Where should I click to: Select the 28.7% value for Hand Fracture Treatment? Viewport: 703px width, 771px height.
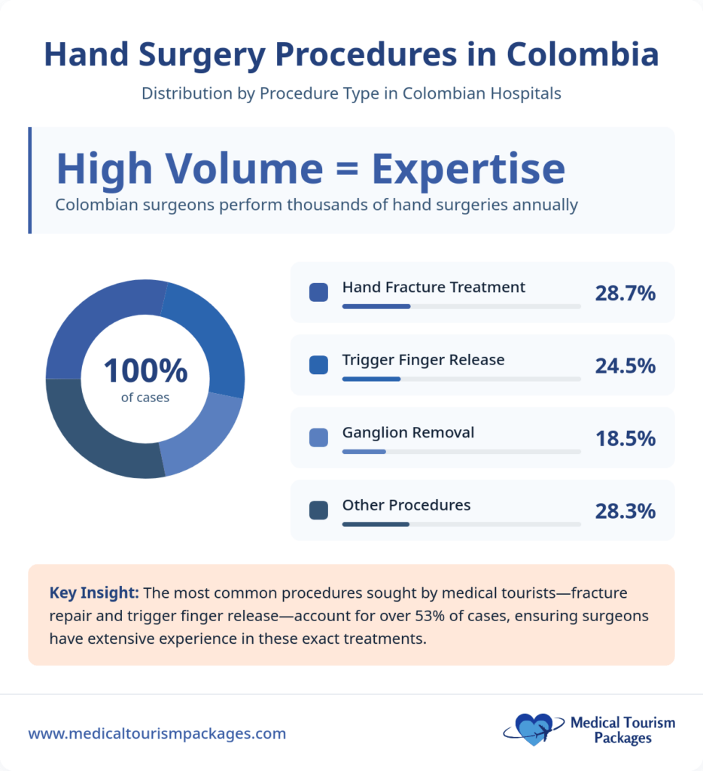[x=625, y=294]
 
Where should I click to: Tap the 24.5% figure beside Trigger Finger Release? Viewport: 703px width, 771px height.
[x=625, y=366]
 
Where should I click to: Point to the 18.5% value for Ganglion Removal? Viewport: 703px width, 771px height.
[x=625, y=438]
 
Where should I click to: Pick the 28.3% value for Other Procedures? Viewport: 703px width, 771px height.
[x=625, y=511]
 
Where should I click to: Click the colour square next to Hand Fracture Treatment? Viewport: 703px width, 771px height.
[x=318, y=292]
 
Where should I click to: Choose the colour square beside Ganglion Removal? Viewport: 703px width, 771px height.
[x=318, y=437]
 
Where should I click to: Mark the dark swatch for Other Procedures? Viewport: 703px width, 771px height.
[x=318, y=510]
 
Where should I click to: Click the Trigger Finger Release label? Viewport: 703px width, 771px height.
[x=423, y=360]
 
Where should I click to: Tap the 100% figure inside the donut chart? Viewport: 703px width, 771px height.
[x=145, y=371]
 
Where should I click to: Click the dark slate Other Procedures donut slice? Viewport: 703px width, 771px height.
[x=98, y=437]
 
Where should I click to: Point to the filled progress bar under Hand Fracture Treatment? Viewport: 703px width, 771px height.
[x=376, y=306]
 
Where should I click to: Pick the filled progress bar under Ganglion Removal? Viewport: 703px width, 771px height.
[x=364, y=452]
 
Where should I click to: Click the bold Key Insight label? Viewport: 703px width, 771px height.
[x=93, y=593]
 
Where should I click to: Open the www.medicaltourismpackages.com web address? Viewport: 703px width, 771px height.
[x=157, y=733]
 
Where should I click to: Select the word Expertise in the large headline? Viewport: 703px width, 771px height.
[x=468, y=169]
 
